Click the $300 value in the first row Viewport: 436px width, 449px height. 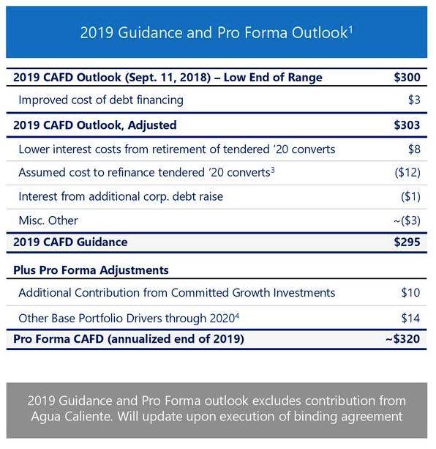tap(407, 78)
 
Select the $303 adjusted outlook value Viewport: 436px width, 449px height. tap(407, 125)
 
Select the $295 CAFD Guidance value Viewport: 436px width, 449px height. tap(407, 242)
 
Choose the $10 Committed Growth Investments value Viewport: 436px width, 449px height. tap(410, 293)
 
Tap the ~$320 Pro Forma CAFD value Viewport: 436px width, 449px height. tap(403, 339)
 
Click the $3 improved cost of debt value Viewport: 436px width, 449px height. tap(413, 100)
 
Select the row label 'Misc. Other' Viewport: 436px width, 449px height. tap(48, 220)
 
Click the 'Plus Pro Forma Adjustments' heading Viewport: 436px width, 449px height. tap(91, 270)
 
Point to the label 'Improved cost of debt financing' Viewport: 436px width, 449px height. tap(101, 100)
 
